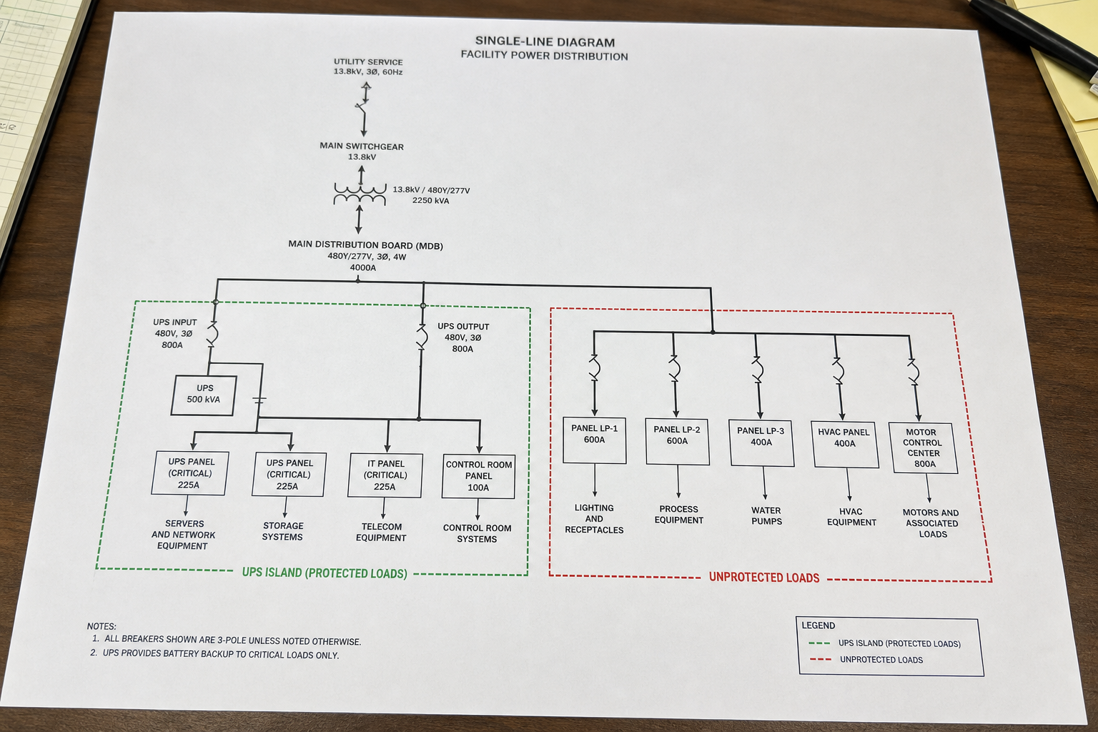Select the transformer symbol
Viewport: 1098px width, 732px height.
(360, 194)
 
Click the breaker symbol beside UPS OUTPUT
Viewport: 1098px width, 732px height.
(422, 337)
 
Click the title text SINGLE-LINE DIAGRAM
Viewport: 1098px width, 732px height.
(545, 41)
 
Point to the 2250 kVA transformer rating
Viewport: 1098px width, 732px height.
(430, 201)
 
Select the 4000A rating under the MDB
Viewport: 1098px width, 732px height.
(362, 267)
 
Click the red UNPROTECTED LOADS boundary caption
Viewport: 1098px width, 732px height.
(764, 578)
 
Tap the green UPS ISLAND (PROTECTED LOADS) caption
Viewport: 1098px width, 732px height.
(325, 573)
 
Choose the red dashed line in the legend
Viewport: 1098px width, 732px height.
(821, 659)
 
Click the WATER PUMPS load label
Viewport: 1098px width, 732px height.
(766, 516)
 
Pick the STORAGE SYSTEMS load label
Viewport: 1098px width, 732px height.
(283, 531)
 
